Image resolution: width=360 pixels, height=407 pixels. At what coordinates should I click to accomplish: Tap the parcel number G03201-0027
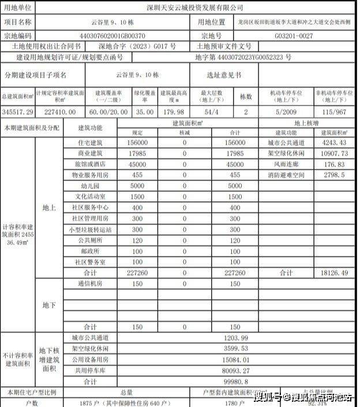tap(293, 35)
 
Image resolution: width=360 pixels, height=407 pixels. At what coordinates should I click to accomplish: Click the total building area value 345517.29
tap(18, 111)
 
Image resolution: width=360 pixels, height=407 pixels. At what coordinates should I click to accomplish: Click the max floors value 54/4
tap(209, 111)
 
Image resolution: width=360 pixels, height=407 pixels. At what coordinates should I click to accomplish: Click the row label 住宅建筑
tap(90, 142)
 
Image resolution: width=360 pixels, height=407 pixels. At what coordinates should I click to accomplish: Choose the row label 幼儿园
tap(90, 186)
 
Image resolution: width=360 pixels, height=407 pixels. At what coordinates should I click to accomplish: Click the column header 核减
tap(185, 132)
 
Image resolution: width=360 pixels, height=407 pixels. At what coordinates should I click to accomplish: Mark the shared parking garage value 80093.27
tap(235, 370)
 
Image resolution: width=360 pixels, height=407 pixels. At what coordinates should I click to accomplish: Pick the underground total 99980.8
tap(235, 381)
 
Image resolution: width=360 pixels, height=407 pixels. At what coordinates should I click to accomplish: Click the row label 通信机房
tap(90, 284)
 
